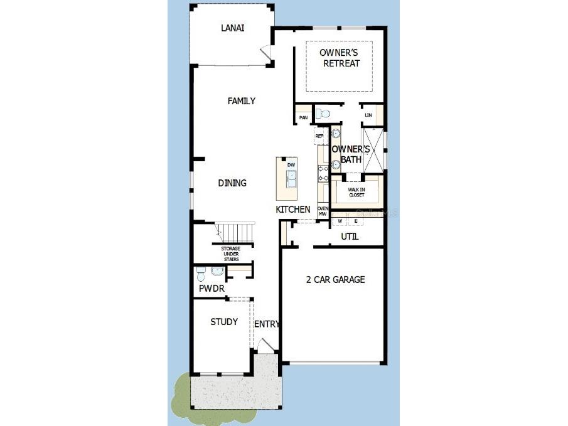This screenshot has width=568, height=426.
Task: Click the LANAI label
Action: click(x=232, y=28)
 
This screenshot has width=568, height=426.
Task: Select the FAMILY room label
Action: click(x=242, y=101)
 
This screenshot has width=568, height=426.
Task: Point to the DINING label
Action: click(x=232, y=183)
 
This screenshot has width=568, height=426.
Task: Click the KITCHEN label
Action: click(x=293, y=210)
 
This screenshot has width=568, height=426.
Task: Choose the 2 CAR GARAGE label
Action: click(x=335, y=280)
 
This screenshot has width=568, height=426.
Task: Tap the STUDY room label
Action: click(x=224, y=322)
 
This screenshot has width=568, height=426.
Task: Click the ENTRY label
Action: click(x=266, y=324)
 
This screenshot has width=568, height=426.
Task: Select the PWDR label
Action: click(x=212, y=289)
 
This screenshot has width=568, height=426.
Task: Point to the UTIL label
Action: click(x=350, y=237)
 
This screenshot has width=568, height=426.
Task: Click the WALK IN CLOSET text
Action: click(x=356, y=193)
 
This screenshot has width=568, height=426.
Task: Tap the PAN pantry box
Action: click(x=303, y=117)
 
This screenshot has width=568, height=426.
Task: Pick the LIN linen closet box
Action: click(x=368, y=115)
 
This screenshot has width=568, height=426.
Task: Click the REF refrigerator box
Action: click(x=319, y=136)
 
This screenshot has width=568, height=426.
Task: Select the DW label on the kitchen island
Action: click(x=291, y=165)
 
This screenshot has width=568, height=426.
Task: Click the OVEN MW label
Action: click(x=323, y=211)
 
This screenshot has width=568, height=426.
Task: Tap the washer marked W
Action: click(x=340, y=221)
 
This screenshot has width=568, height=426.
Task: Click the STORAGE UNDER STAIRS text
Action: click(x=230, y=253)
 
